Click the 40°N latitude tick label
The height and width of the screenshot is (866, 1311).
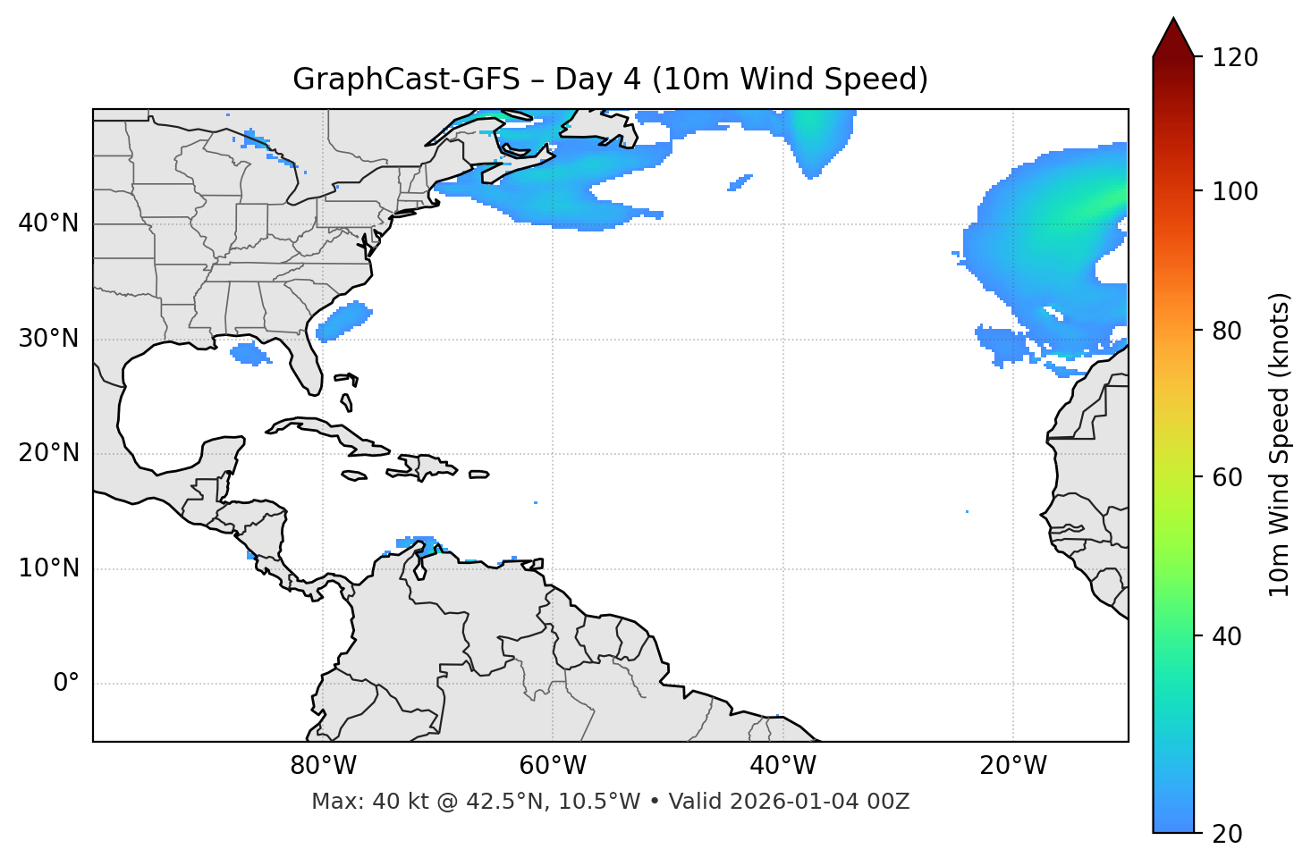[48, 223]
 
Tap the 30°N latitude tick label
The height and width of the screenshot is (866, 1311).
[48, 339]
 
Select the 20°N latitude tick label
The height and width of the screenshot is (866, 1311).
[48, 454]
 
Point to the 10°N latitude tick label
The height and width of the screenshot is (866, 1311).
[48, 568]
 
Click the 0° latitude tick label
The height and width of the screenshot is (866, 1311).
[66, 684]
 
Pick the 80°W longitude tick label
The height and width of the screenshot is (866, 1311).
[323, 766]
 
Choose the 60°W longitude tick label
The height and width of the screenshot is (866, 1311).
[553, 766]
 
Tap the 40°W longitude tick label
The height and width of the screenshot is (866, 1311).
[782, 766]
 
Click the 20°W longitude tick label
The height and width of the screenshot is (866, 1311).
[1012, 766]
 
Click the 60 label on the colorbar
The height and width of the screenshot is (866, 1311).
[1227, 477]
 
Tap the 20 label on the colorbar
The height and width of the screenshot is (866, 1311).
[1227, 834]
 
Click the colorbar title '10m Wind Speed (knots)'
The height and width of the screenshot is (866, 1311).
[1280, 445]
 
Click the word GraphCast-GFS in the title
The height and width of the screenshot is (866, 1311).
[406, 80]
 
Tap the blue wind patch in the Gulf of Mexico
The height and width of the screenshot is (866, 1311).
[250, 354]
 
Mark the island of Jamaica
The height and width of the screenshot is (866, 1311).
[354, 475]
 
